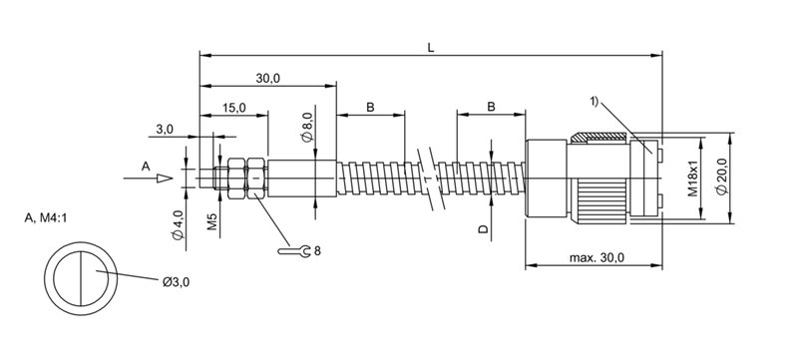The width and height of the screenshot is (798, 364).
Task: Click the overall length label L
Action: [431, 48]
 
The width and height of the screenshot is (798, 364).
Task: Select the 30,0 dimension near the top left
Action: [267, 78]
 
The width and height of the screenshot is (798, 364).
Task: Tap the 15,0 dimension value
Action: [233, 108]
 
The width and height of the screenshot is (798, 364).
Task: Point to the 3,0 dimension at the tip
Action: [164, 130]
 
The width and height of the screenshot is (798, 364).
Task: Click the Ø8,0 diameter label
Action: [307, 128]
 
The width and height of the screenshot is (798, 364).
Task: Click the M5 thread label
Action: [212, 222]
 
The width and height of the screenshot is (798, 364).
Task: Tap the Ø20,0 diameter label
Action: [722, 176]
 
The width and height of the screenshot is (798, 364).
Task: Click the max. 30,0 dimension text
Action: [597, 258]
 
